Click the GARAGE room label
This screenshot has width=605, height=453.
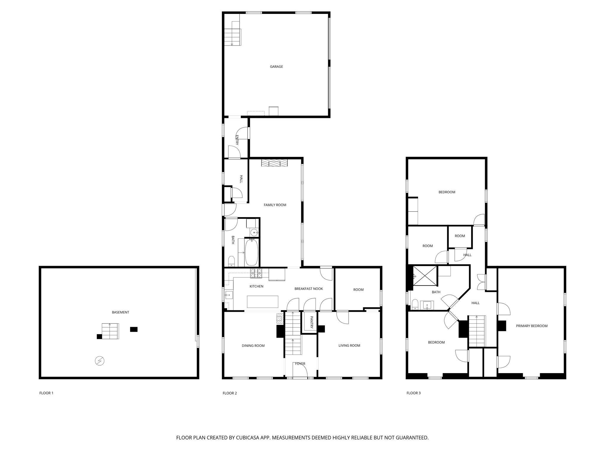276,67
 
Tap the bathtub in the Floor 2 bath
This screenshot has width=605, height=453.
251,252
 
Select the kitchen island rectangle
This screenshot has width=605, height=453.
263,302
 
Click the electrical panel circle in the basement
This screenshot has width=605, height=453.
100,360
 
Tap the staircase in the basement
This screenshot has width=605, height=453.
110,331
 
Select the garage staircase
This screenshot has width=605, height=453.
232,35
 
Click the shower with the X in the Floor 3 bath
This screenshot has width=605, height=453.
425,276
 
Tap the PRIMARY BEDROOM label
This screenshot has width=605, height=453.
531,326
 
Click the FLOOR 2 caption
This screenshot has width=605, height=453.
230,393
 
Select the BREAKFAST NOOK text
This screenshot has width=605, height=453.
308,289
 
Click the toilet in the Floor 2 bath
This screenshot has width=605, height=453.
231,261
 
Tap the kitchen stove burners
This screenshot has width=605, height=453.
256,273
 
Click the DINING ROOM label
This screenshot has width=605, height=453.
253,346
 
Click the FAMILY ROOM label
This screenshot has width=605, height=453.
275,205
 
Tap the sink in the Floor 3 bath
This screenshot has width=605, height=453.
427,305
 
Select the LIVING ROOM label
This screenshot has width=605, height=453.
349,345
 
